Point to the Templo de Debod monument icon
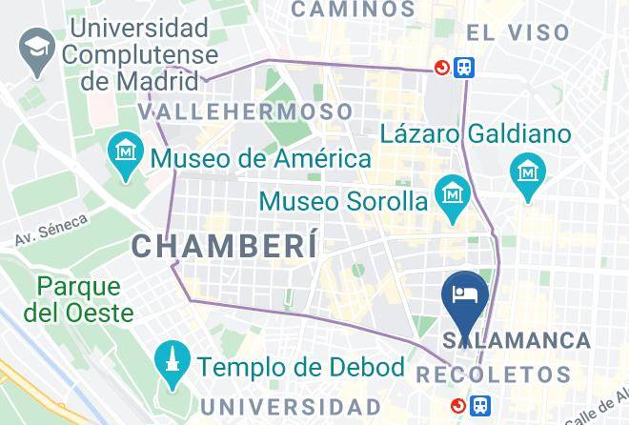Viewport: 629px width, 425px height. [172, 363]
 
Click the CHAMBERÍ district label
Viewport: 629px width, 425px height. [224, 246]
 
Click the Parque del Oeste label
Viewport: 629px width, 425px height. [79, 298]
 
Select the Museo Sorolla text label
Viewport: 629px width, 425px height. [343, 202]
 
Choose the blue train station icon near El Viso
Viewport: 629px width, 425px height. [465, 68]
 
